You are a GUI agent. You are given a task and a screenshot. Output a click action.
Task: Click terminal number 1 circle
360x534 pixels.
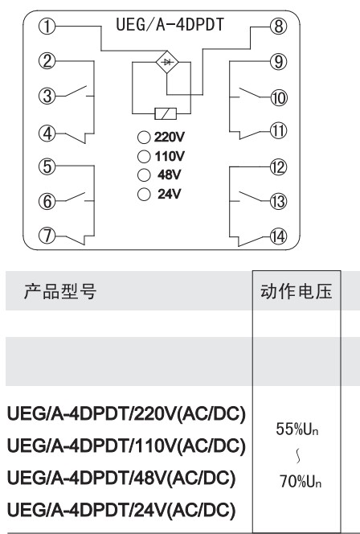click(47, 27)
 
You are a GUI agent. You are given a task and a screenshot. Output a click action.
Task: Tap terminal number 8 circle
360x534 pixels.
click(279, 27)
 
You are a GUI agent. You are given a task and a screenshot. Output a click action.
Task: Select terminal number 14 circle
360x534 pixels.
click(278, 236)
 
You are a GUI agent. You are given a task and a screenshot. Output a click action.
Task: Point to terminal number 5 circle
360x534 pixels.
click(47, 166)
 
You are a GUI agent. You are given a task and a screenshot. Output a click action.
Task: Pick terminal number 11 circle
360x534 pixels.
click(278, 131)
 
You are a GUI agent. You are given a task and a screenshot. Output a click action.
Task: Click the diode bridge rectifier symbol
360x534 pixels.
click(167, 62)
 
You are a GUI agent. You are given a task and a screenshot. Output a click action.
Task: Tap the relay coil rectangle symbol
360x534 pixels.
click(166, 113)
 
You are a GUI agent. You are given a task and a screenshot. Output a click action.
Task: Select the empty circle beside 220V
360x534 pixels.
click(144, 138)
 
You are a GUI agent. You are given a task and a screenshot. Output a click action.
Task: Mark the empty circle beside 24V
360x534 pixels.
click(144, 195)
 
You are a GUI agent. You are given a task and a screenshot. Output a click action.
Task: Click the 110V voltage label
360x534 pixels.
click(170, 156)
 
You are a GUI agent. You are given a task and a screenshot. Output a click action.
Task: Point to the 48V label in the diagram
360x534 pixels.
click(169, 175)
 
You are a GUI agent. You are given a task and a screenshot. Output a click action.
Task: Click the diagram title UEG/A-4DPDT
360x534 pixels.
click(170, 24)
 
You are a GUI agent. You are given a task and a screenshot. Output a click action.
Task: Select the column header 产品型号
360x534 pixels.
click(60, 291)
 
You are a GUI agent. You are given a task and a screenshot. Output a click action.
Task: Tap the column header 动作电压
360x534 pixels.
click(297, 291)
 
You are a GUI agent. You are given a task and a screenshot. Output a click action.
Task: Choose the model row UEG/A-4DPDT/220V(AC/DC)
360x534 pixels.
click(126, 414)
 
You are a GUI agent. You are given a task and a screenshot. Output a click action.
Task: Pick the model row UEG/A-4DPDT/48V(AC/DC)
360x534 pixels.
click(121, 479)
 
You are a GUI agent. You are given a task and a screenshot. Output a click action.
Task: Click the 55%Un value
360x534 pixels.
click(297, 429)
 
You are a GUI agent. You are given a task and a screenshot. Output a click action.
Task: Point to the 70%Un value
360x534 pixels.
click(300, 481)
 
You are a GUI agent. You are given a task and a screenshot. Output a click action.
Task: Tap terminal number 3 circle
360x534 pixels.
click(47, 96)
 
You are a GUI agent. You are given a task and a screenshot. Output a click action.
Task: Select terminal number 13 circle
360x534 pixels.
click(278, 201)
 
